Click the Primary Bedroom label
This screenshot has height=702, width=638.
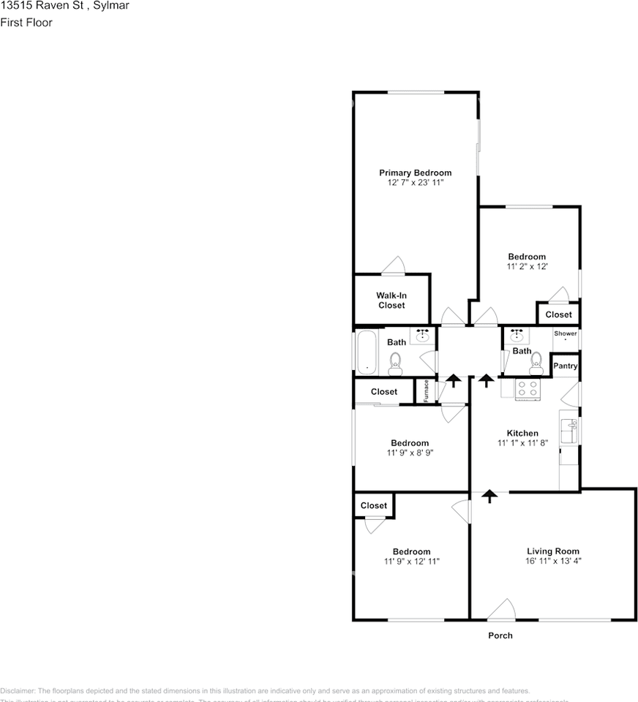pyautogui.click(x=415, y=173)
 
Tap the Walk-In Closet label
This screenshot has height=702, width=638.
pyautogui.click(x=391, y=300)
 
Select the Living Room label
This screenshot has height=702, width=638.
pyautogui.click(x=553, y=551)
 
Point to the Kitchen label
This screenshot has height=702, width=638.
pyautogui.click(x=522, y=433)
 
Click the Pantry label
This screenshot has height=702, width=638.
pyautogui.click(x=566, y=366)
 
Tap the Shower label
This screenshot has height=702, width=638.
pyautogui.click(x=566, y=333)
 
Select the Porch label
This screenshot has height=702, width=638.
pyautogui.click(x=500, y=635)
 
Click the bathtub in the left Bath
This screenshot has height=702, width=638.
pyautogui.click(x=364, y=352)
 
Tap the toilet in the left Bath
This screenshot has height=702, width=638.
pyautogui.click(x=395, y=361)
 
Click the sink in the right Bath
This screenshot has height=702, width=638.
pyautogui.click(x=518, y=336)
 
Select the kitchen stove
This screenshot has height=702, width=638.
pyautogui.click(x=528, y=388)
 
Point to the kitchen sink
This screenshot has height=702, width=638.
pyautogui.click(x=568, y=432)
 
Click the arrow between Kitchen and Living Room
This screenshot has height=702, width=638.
pyautogui.click(x=489, y=497)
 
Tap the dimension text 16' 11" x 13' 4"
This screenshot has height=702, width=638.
pyautogui.click(x=553, y=561)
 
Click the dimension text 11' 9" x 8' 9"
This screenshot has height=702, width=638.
pyautogui.click(x=409, y=453)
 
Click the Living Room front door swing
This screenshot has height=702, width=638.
pyautogui.click(x=501, y=608)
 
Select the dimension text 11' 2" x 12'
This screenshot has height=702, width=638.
pyautogui.click(x=527, y=267)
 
